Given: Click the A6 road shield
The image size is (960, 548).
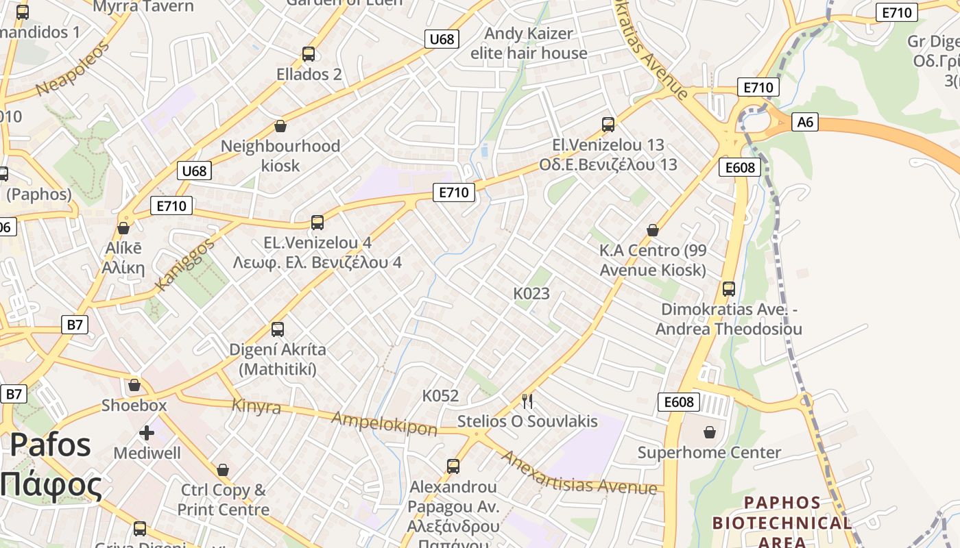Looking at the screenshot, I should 805,122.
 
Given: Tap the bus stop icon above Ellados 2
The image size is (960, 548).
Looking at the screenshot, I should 308,53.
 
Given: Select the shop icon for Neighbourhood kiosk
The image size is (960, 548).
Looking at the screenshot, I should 280,126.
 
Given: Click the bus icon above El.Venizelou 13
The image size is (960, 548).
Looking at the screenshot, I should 608,124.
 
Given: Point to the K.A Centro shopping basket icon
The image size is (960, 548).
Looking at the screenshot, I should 652,230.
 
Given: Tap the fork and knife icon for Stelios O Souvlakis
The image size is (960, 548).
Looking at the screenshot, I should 527,401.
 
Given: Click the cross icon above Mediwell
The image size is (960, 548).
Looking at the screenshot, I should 147,433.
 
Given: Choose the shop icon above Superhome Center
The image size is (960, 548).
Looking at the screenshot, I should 709,432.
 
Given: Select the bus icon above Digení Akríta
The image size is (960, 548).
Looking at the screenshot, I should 277,329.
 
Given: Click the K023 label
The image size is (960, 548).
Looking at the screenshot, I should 531,293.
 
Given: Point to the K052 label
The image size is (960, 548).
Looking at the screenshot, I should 440,395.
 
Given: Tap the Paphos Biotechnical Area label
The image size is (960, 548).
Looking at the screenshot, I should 782,522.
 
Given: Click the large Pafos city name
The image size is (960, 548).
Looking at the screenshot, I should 51,445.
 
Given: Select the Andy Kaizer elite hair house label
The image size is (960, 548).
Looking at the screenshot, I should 529,43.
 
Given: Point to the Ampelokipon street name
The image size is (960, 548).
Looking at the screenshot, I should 384,423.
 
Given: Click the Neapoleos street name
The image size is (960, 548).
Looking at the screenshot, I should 72,69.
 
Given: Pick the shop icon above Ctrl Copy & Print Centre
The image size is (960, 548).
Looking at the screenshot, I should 222,470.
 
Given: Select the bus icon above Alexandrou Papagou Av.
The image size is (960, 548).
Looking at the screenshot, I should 453,466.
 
